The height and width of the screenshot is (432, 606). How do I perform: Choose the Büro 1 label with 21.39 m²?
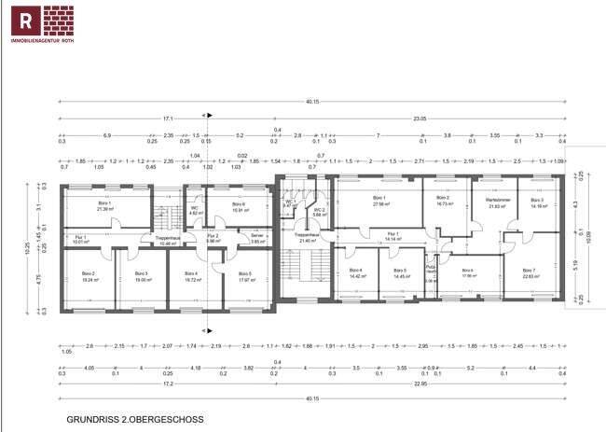(x=104, y=205)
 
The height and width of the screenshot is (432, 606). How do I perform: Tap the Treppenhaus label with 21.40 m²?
(x=307, y=238)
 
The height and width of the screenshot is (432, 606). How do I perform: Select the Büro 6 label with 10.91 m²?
(x=238, y=206)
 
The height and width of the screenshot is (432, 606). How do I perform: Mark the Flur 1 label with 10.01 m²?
(x=80, y=239)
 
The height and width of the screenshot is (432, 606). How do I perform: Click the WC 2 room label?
(x=319, y=213)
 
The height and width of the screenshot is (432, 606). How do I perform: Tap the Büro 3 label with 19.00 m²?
(x=142, y=276)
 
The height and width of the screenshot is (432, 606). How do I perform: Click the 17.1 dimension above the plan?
(x=168, y=118)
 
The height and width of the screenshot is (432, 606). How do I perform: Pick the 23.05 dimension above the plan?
(x=420, y=118)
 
